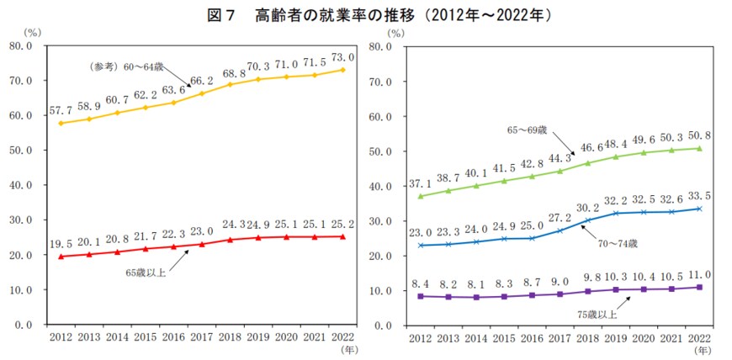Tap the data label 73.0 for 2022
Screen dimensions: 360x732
pyautogui.click(x=342, y=57)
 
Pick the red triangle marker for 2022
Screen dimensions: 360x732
pyautogui.click(x=342, y=236)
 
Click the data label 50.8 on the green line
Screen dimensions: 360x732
pyautogui.click(x=699, y=135)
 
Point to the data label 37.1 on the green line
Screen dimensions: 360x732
pyautogui.click(x=421, y=183)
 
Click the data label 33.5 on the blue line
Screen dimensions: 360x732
pyautogui.click(x=699, y=195)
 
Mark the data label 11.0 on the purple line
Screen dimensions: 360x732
pyautogui.click(x=699, y=274)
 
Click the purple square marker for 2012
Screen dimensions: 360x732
pyautogui.click(x=419, y=295)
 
